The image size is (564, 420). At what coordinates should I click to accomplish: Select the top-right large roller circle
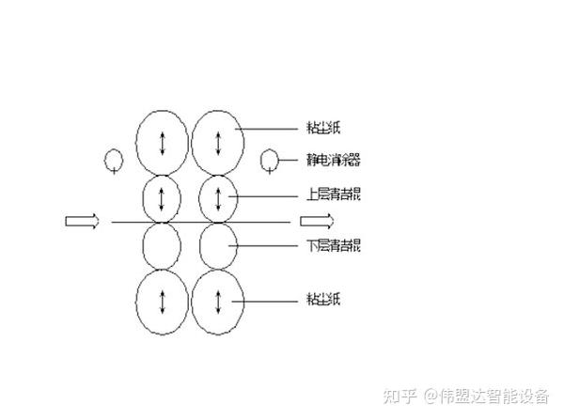click(218, 142)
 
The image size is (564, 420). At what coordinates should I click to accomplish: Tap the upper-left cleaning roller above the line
click(162, 198)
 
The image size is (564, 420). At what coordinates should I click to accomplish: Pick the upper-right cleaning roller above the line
click(218, 198)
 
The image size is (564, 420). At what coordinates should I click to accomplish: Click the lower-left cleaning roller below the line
click(162, 246)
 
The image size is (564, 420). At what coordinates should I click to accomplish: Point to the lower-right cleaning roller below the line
click(218, 246)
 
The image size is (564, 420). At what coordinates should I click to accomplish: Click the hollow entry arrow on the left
click(82, 221)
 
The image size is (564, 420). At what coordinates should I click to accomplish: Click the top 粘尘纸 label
click(322, 127)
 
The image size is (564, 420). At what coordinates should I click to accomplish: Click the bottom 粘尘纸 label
click(322, 300)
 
